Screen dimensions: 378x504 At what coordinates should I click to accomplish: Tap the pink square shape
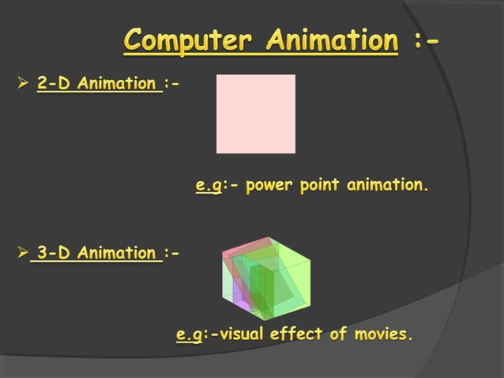256,114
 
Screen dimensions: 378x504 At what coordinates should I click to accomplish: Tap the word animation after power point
387,186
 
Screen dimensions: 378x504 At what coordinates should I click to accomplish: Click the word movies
383,335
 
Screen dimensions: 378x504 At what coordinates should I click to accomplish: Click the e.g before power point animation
208,187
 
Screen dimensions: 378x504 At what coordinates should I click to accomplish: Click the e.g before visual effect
188,335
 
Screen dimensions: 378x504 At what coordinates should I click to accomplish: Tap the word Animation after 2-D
119,84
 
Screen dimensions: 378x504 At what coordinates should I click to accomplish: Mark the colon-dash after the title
426,40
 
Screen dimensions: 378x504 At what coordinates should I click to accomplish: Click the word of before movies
338,335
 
